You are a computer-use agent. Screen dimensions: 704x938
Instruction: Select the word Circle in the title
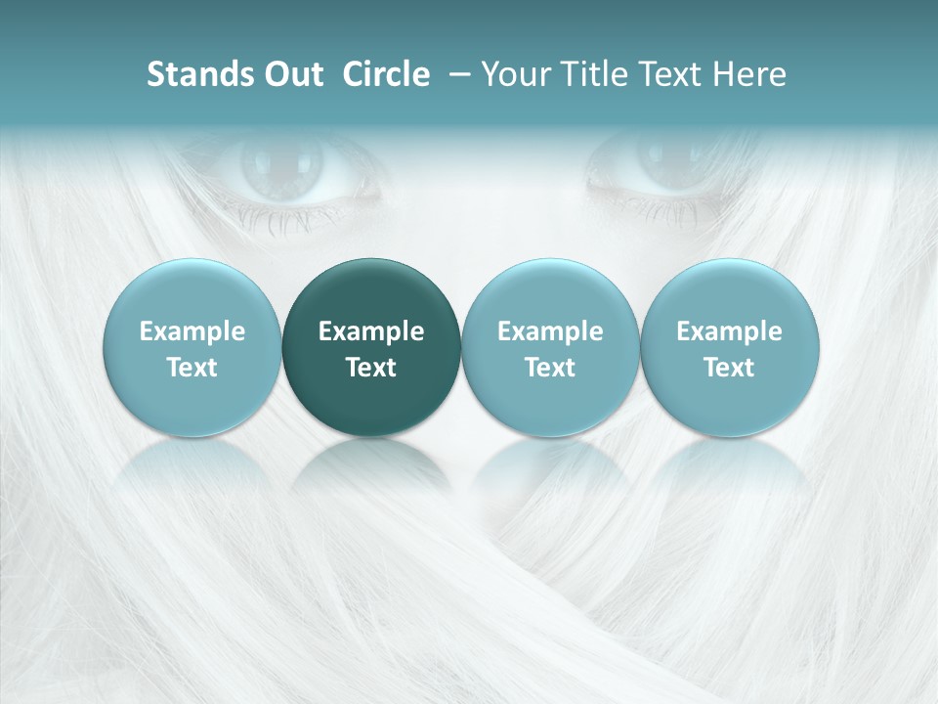[x=386, y=74]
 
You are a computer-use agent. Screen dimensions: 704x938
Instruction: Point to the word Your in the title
[x=514, y=74]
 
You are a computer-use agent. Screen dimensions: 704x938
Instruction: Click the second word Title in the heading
[x=589, y=74]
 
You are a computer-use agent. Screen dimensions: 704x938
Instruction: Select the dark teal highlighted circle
[x=371, y=346]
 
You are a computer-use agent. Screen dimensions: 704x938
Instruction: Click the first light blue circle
[x=192, y=346]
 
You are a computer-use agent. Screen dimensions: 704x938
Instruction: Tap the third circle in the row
[x=550, y=346]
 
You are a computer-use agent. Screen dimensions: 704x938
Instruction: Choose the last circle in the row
[x=729, y=346]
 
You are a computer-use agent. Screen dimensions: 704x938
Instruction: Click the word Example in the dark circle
[x=371, y=331]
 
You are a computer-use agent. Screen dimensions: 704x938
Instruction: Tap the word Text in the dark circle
[x=371, y=368]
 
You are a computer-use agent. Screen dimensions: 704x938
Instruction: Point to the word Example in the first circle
[x=192, y=331]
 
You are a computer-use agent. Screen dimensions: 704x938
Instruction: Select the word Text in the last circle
[x=729, y=368]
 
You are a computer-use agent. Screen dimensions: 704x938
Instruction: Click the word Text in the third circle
[x=550, y=368]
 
